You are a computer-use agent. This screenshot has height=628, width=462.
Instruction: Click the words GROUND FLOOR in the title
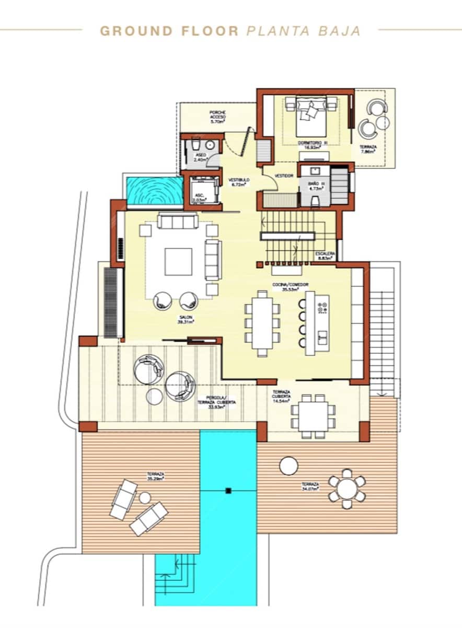coord(169,31)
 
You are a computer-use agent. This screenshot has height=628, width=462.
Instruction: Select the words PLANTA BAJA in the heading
coord(303,31)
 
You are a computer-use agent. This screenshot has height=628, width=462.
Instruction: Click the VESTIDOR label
coord(284,176)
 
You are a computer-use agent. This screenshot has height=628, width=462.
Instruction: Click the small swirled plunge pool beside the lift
coord(154,190)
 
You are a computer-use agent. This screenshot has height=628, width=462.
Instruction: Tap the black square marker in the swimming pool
coord(228,491)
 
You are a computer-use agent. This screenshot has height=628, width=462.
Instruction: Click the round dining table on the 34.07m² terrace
coord(347,489)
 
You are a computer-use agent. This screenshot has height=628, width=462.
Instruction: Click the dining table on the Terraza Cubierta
coord(314,415)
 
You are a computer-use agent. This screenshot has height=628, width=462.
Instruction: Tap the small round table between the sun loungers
coord(145,498)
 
